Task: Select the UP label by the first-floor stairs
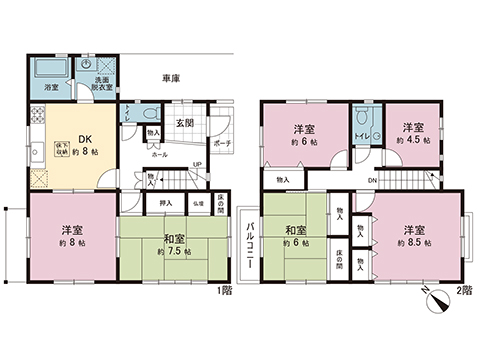point(197,165)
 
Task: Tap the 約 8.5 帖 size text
point(413,243)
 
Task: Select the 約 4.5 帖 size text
point(410,141)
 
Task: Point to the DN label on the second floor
point(373,179)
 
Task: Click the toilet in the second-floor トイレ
point(362,126)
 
